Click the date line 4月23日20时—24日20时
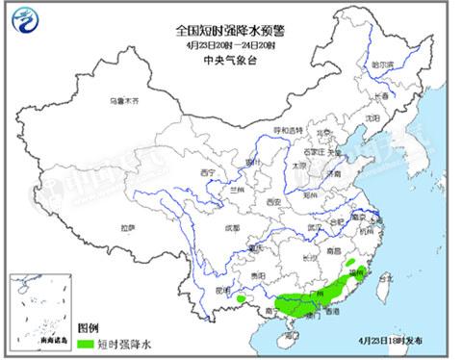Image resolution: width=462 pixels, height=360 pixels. click(x=231, y=44)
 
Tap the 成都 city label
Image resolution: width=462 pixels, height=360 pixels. click(x=231, y=228)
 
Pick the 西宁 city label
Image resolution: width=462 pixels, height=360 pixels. click(x=207, y=172)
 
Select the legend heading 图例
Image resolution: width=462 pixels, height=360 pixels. click(x=88, y=327)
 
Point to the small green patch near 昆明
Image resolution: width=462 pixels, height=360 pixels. click(x=240, y=299)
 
